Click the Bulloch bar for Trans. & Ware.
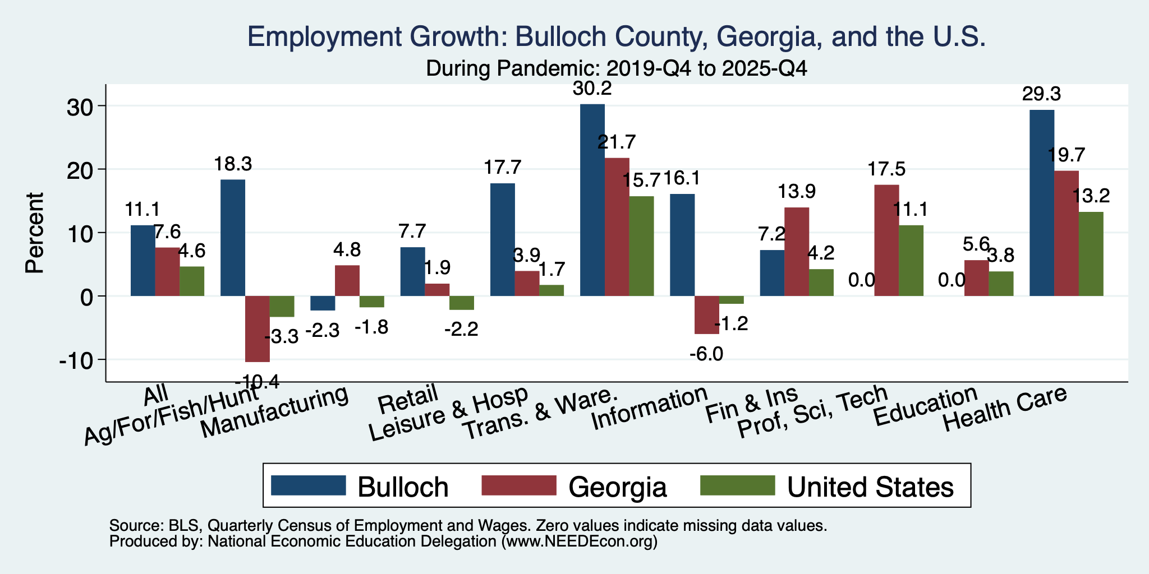pos(592,200)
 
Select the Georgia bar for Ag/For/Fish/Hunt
pos(258,329)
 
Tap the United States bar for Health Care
pos(1091,254)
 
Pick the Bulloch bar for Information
pos(682,245)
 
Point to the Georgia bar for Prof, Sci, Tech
pos(886,240)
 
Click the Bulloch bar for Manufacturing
pos(323,303)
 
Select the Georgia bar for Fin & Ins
pos(797,252)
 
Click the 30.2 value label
pos(592,89)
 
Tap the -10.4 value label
pos(258,382)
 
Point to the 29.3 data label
pos(1041,94)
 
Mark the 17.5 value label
pos(886,169)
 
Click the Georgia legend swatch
pos(519,485)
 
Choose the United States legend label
pos(871,487)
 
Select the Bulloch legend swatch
pos(308,485)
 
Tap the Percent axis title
pos(35,233)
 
